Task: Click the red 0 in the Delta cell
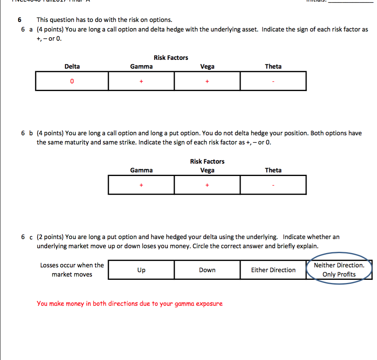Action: (72, 81)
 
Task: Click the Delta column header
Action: (72, 67)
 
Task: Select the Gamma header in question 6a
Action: (141, 67)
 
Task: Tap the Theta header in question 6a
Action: (273, 67)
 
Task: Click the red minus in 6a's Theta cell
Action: (273, 81)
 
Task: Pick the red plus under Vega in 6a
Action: (207, 81)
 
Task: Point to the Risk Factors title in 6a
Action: (171, 58)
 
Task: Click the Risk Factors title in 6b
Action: (207, 162)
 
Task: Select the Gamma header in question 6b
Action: (141, 170)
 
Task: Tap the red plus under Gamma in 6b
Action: (141, 185)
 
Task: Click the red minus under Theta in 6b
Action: (273, 185)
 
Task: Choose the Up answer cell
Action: (141, 270)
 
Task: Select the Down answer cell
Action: (207, 270)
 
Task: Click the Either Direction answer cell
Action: (273, 270)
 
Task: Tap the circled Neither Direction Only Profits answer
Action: (339, 270)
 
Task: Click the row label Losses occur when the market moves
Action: (72, 270)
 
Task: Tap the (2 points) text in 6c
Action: (50, 237)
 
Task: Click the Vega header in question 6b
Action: (207, 170)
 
